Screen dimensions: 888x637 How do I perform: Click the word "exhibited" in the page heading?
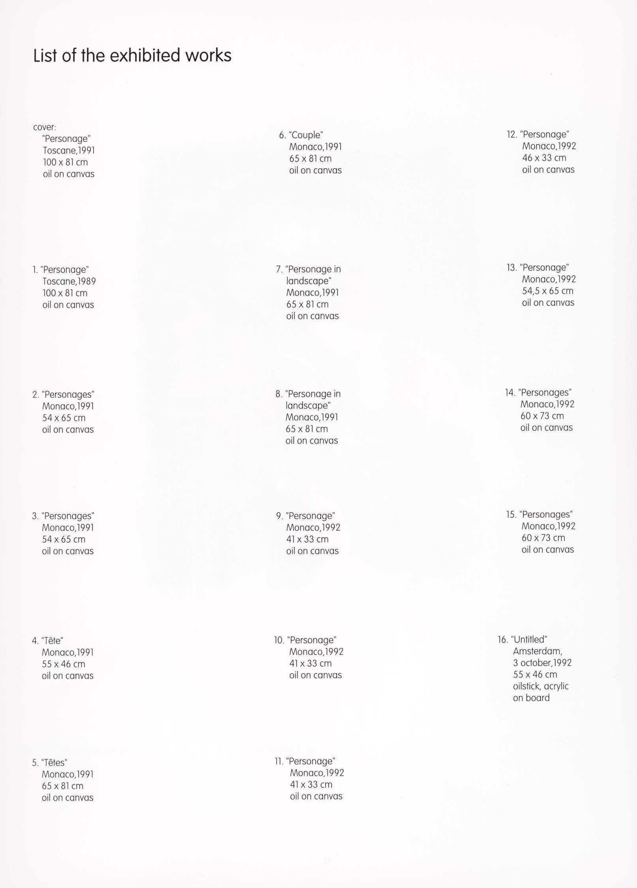145,56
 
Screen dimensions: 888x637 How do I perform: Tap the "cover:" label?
45,128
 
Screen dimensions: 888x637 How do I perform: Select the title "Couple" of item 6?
306,135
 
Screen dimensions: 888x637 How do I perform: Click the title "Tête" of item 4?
52,640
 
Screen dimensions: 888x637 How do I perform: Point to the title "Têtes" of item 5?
54,762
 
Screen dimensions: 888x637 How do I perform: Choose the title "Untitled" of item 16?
529,640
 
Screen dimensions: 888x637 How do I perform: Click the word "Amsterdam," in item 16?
538,651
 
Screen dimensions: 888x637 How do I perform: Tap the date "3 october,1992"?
542,663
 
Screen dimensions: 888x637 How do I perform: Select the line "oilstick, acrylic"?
541,686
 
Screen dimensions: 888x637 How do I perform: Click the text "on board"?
531,698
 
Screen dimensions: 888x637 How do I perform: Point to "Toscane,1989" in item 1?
69,282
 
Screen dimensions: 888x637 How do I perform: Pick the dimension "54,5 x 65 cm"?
547,291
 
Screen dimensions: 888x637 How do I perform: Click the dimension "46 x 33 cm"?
544,158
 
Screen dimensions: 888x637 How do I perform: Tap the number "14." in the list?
510,393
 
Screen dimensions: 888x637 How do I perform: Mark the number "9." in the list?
279,516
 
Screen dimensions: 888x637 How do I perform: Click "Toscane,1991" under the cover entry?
69,151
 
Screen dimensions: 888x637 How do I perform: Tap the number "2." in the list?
36,395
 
